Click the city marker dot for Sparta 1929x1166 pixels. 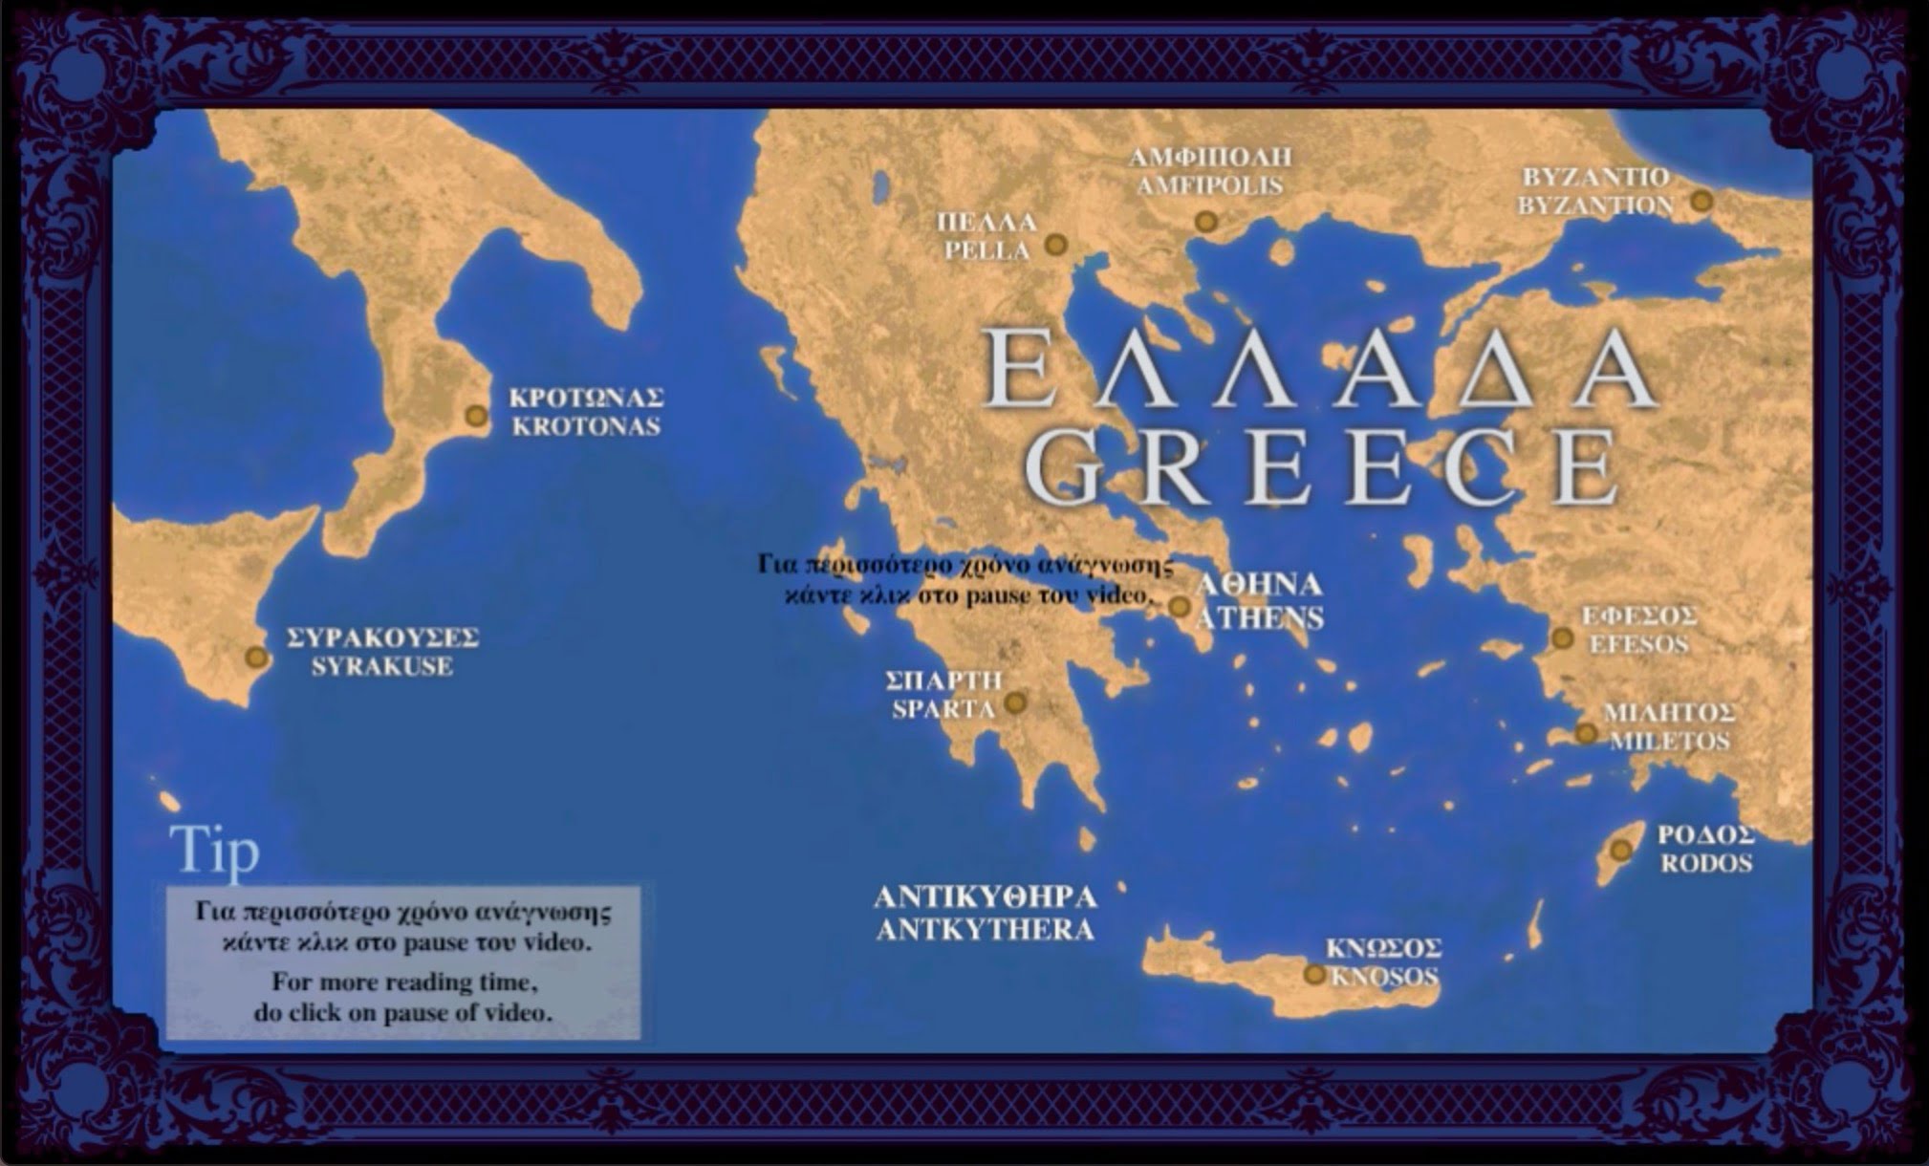pyautogui.click(x=1015, y=703)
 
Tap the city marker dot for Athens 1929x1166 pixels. pyautogui.click(x=1180, y=607)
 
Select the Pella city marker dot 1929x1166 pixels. pyautogui.click(x=1055, y=245)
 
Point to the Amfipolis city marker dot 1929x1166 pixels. pyautogui.click(x=1206, y=222)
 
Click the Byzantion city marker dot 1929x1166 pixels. pyautogui.click(x=1701, y=201)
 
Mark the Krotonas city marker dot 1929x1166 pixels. pyautogui.click(x=476, y=416)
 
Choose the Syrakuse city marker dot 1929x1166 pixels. pyautogui.click(x=255, y=657)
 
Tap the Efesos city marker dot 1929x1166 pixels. pyautogui.click(x=1562, y=637)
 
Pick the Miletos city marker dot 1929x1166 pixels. pyautogui.click(x=1586, y=734)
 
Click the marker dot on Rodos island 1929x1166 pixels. pyautogui.click(x=1620, y=850)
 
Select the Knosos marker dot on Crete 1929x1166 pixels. pyautogui.click(x=1315, y=974)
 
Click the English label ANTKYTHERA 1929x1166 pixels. pyautogui.click(x=985, y=929)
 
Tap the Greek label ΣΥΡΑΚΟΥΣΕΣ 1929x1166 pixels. pyautogui.click(x=382, y=637)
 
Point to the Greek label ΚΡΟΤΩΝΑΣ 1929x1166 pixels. pyautogui.click(x=586, y=398)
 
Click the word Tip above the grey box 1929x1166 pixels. pyautogui.click(x=214, y=850)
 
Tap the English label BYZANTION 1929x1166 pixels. pyautogui.click(x=1595, y=205)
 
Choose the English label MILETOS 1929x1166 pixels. pyautogui.click(x=1669, y=741)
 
